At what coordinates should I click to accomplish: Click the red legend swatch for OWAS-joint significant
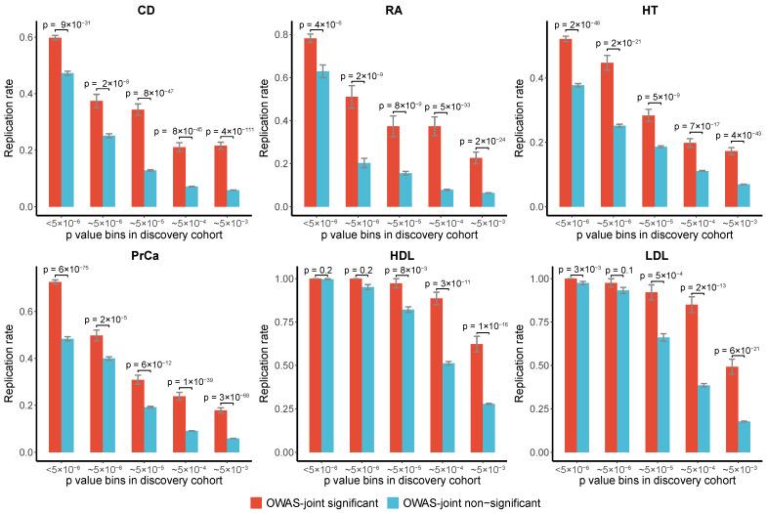[x=257, y=501]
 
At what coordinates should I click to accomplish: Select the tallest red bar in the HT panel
[x=565, y=122]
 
